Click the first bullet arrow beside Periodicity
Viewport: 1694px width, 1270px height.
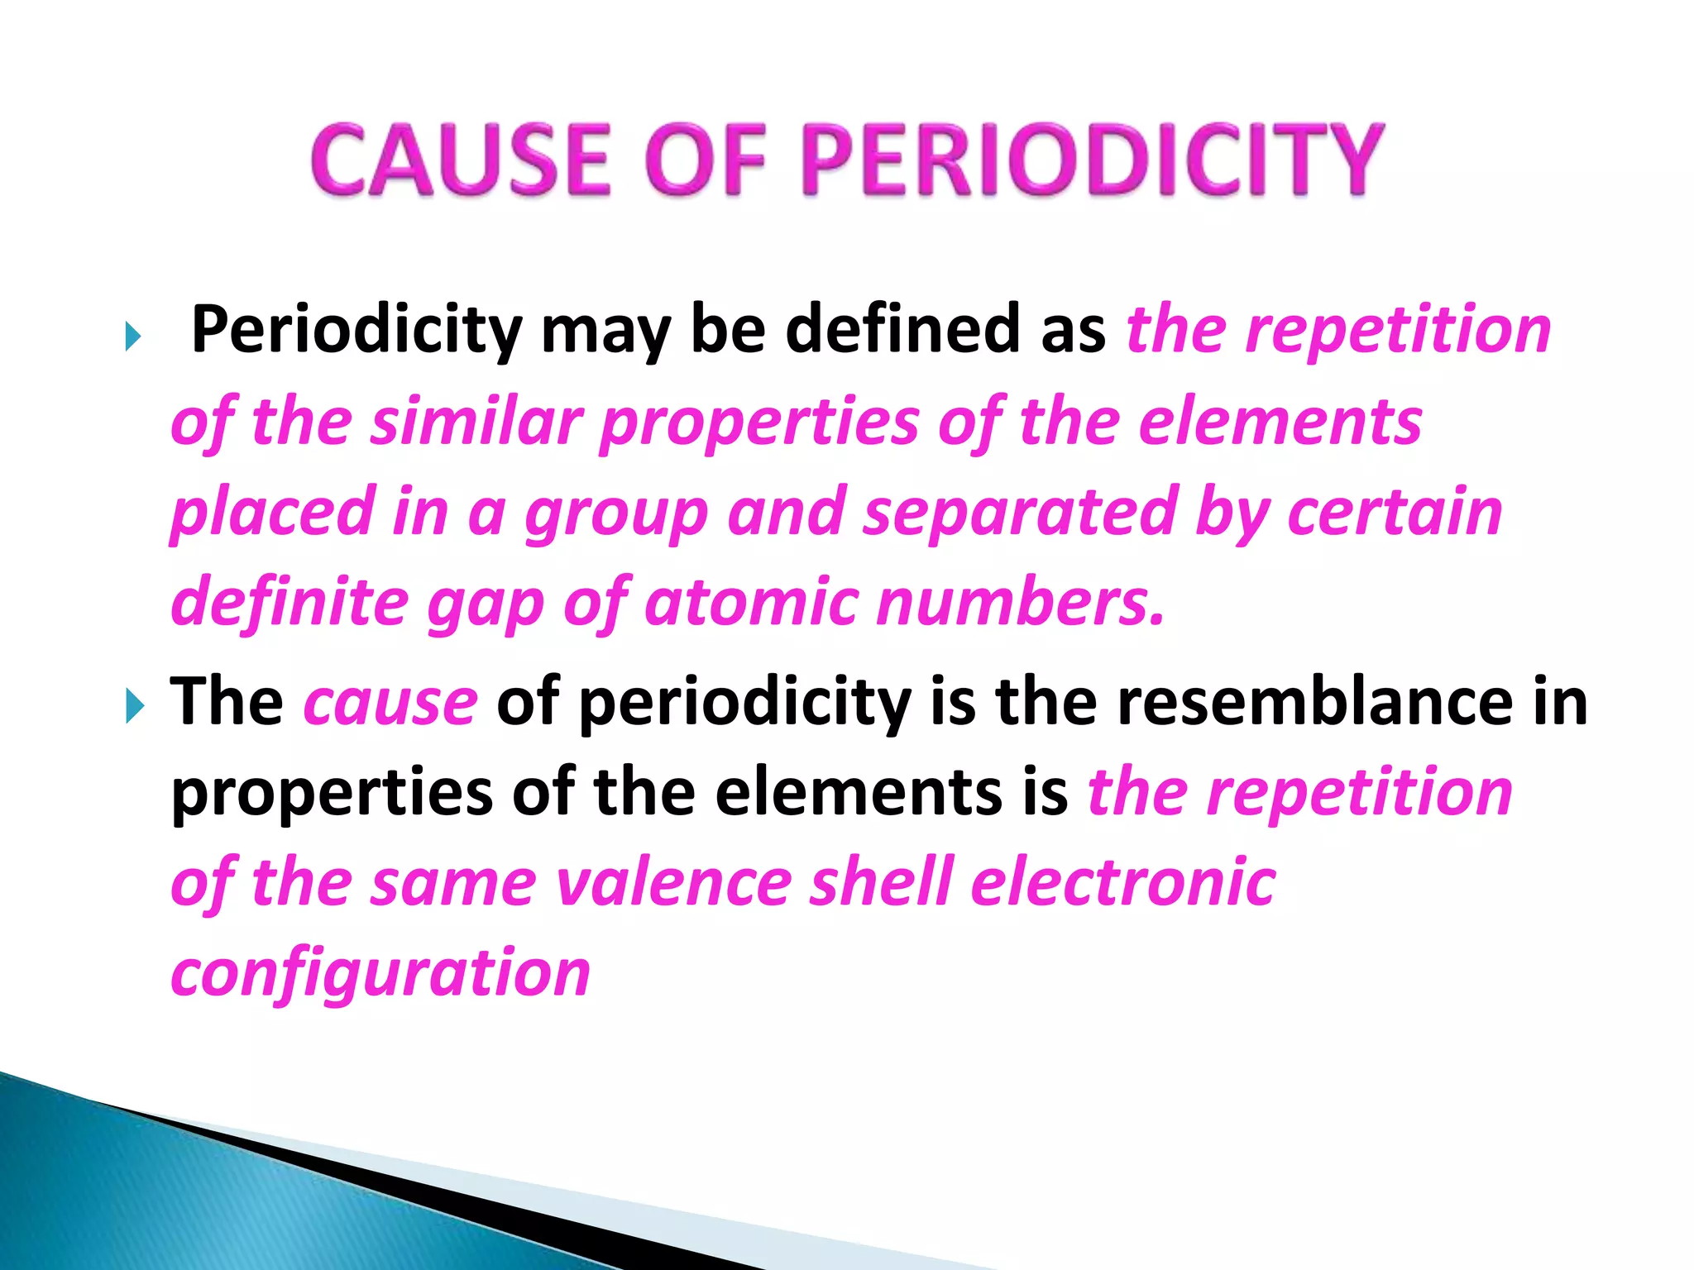pos(133,337)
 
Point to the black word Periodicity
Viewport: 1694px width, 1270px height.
pos(357,331)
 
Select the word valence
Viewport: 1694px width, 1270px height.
pos(674,883)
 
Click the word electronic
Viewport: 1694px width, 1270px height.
pos(1123,881)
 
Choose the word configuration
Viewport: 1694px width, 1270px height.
pos(380,974)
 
